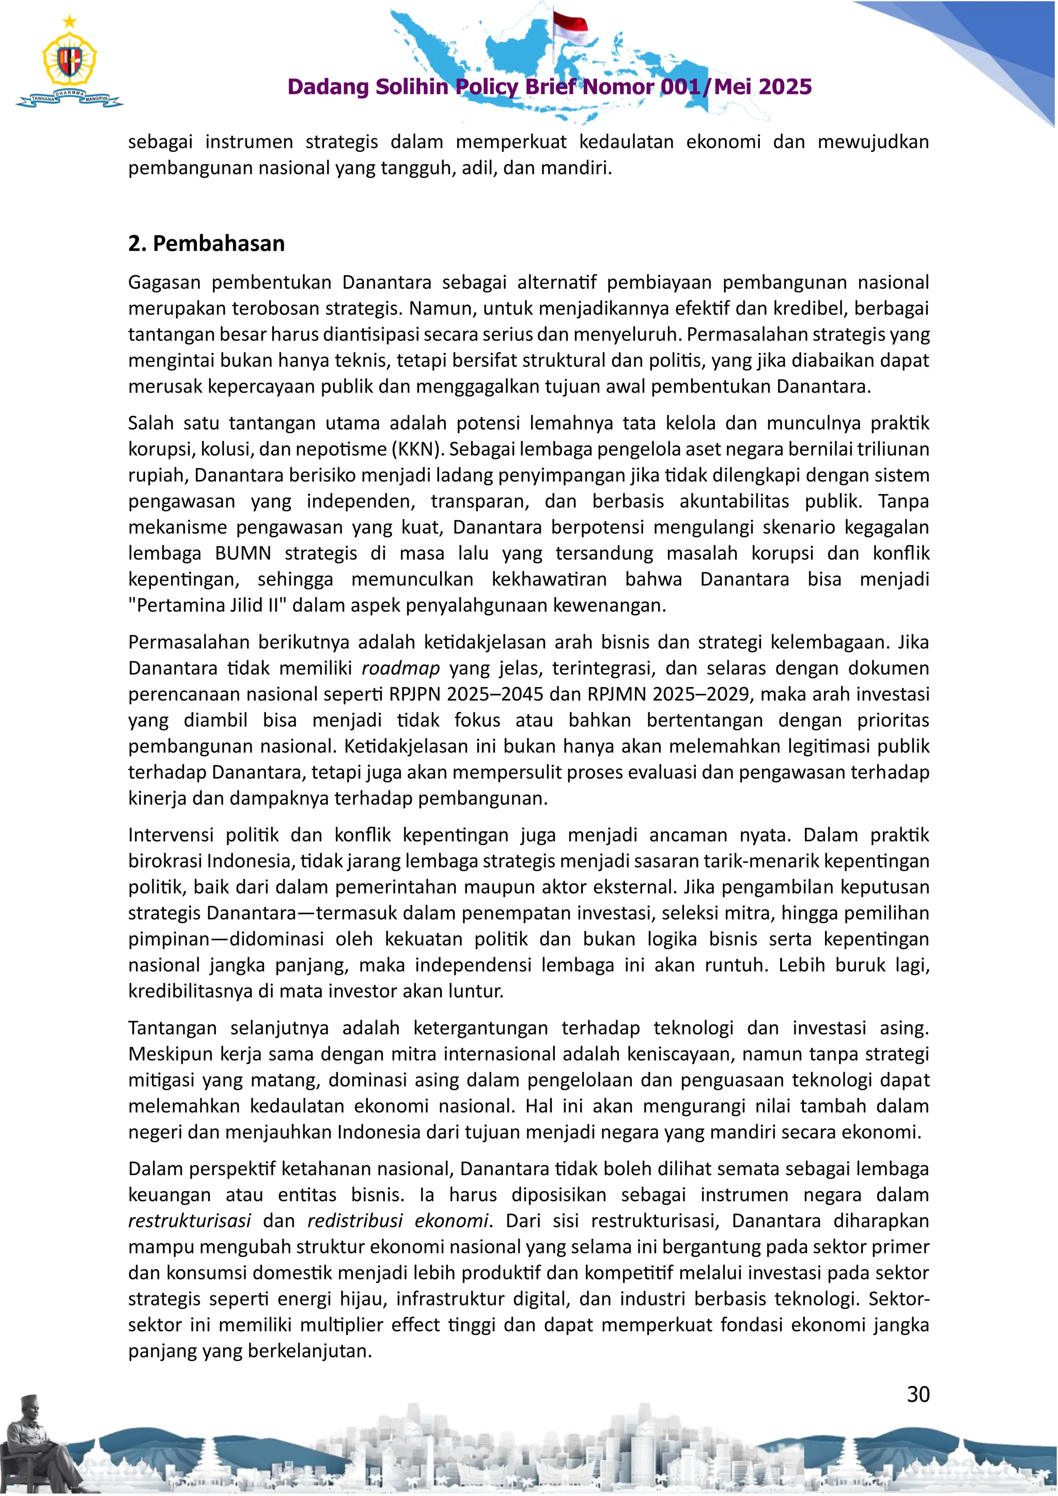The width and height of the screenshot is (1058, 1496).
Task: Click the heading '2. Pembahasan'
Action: (x=206, y=244)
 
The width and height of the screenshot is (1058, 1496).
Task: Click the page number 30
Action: (x=918, y=1394)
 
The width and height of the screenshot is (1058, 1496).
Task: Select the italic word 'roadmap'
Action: (x=401, y=668)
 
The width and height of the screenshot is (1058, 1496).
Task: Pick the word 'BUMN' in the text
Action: (x=242, y=554)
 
